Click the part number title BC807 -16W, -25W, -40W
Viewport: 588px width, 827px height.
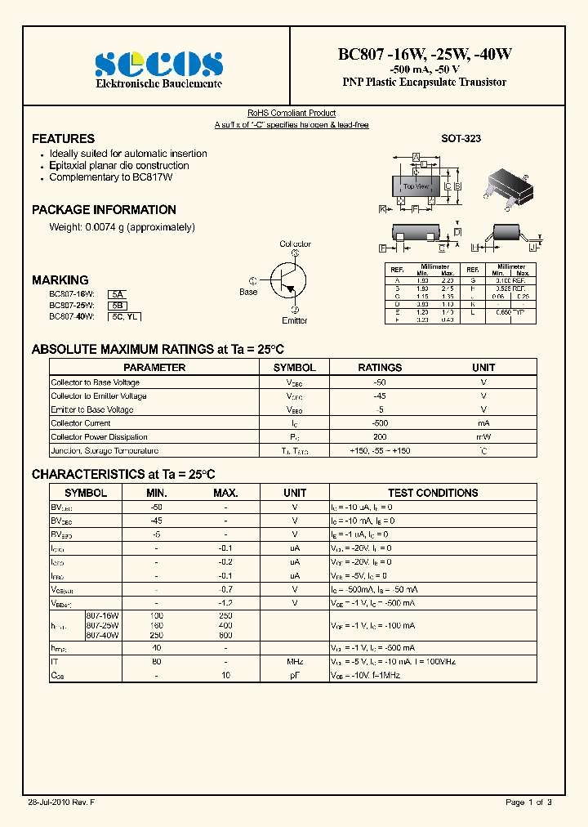point(425,55)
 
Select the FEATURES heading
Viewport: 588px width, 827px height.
point(63,139)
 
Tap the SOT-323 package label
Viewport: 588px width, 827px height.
point(461,139)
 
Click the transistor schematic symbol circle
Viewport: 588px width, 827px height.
point(287,279)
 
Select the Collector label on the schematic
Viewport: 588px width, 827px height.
point(295,244)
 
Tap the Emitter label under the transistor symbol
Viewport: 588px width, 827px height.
point(294,320)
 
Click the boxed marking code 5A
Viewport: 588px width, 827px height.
point(118,293)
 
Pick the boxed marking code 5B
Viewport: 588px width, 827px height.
point(118,304)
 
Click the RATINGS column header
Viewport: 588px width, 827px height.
point(380,368)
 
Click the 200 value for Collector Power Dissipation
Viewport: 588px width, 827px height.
point(380,437)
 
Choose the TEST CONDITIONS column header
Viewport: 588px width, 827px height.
point(433,493)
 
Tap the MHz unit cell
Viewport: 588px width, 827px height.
point(295,662)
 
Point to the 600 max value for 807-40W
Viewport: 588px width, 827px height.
point(225,635)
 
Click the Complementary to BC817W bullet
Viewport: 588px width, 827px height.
point(110,177)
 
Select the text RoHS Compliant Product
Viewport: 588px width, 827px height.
point(292,114)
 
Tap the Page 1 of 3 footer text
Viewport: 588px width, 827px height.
point(528,802)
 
